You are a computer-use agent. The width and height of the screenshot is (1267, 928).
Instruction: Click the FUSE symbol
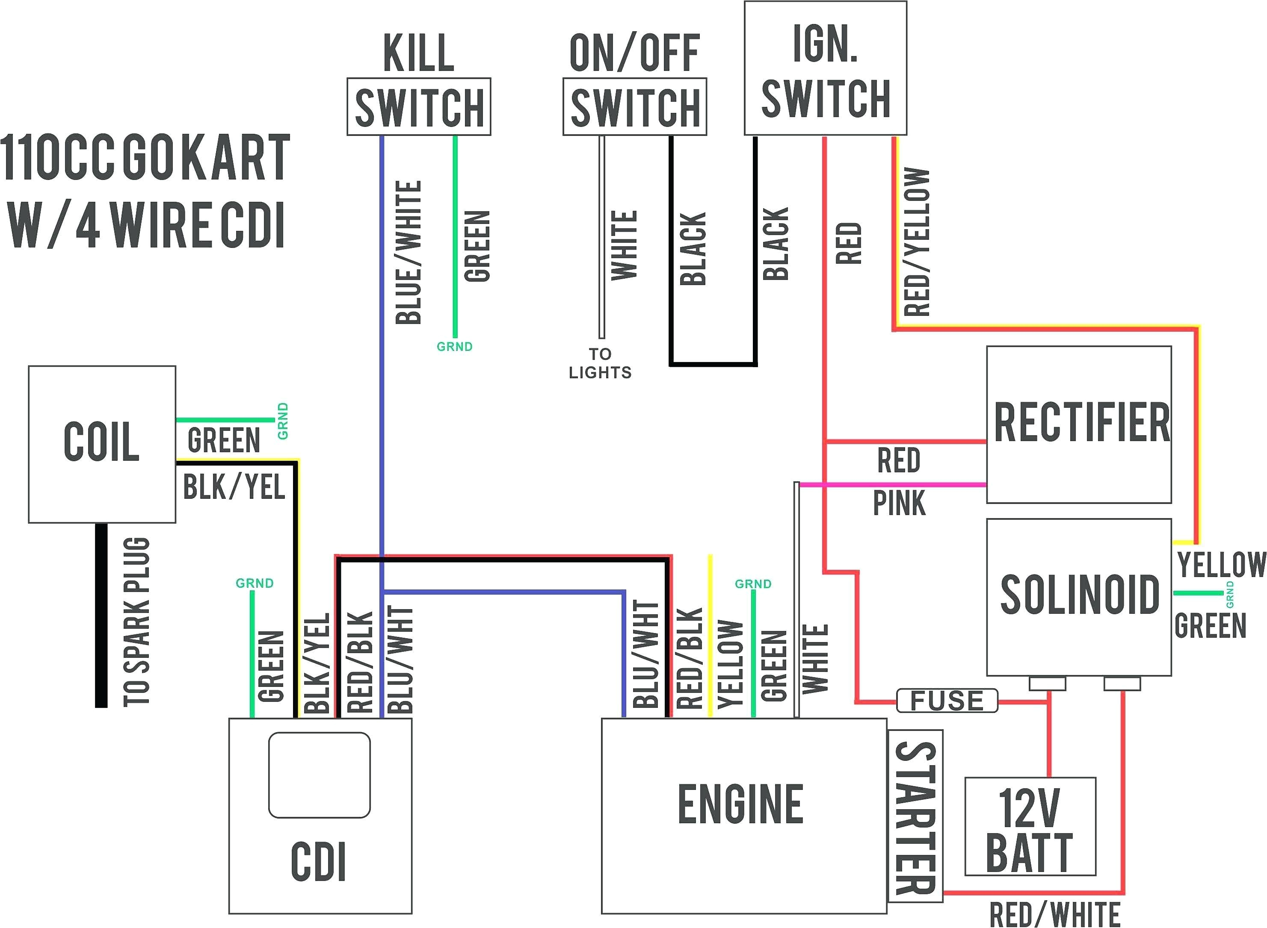[x=947, y=701]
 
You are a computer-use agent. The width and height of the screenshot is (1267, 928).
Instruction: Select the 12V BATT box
[x=1030, y=826]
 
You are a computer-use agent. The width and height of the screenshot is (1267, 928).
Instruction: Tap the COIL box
[x=102, y=444]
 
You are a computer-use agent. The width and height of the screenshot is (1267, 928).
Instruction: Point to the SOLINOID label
[x=1079, y=594]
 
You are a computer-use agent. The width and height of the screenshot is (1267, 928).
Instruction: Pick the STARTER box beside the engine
[x=915, y=817]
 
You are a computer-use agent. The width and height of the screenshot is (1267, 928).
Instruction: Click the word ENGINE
[x=741, y=804]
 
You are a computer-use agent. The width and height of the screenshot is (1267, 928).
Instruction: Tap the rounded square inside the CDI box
[x=319, y=775]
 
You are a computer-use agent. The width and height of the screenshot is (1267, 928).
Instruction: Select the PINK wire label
[x=899, y=503]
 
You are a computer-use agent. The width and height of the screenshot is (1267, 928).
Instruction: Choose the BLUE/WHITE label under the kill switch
[x=409, y=253]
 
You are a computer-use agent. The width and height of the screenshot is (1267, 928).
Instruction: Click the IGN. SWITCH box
[x=825, y=68]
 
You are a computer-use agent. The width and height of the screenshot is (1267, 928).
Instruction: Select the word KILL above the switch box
[x=419, y=53]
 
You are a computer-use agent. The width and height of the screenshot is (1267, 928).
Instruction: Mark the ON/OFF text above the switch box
[x=635, y=53]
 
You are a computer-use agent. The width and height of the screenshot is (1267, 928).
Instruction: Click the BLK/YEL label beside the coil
[x=234, y=486]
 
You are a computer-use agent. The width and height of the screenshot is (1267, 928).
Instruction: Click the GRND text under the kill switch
[x=454, y=347]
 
